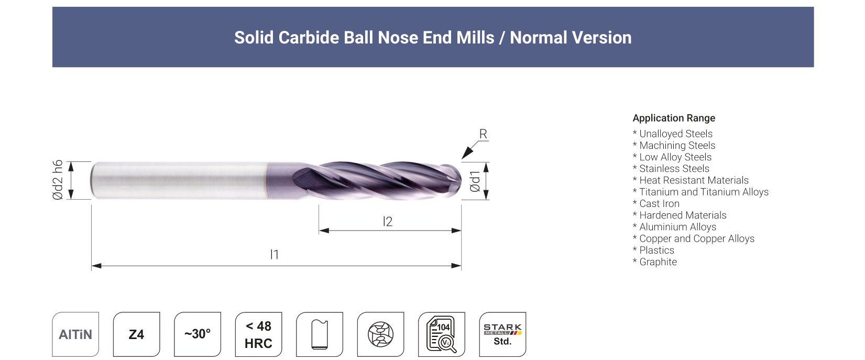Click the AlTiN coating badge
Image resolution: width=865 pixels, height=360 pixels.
[x=75, y=334]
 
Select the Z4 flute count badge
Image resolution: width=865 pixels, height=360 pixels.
[x=136, y=334]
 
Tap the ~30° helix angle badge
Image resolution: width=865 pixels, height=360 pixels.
[x=198, y=334]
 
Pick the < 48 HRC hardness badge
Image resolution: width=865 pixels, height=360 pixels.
[x=258, y=334]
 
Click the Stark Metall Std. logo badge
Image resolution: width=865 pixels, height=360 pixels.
[x=502, y=334]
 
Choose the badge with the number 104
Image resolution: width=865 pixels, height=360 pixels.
[x=441, y=334]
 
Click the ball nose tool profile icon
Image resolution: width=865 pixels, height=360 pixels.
[x=320, y=334]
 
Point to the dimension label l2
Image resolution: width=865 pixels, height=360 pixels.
[x=387, y=221]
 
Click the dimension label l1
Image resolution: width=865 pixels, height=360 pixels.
[x=274, y=254]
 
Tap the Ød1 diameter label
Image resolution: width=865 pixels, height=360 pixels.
[x=475, y=181]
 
